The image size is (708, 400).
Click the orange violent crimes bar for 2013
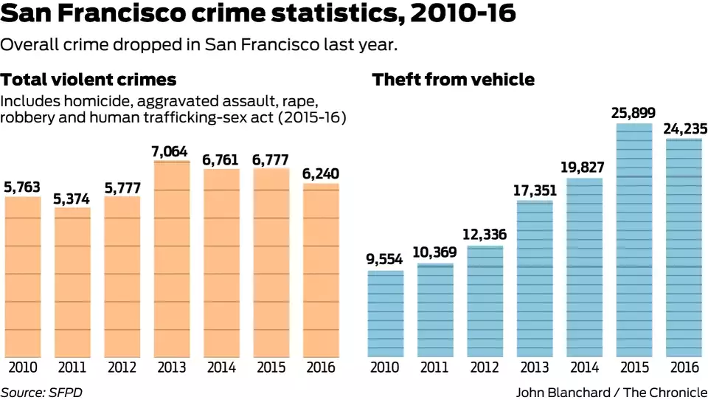pyautogui.click(x=172, y=258)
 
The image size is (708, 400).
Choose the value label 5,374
pyautogui.click(x=72, y=199)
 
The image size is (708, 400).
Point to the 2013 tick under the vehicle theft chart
pyautogui.click(x=535, y=368)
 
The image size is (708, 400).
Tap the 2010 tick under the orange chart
pyautogui.click(x=23, y=368)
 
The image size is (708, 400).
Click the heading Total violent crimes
pyautogui.click(x=88, y=80)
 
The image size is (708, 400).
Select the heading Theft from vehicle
pyautogui.click(x=454, y=80)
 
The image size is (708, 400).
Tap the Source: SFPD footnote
pyautogui.click(x=41, y=392)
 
